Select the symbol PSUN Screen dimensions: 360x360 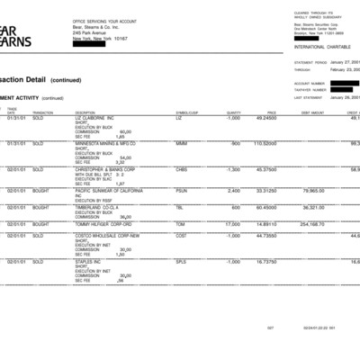pos(181,190)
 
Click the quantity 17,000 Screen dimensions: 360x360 pos(232,224)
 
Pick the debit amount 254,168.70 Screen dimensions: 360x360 pos(311,224)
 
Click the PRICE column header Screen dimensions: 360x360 pos(271,112)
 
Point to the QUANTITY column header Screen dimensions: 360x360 pos(233,112)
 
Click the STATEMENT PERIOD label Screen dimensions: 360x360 pos(310,63)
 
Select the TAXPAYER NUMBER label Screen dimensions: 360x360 pos(309,90)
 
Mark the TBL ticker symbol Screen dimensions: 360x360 pos(179,206)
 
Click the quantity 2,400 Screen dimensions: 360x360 pos(234,190)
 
